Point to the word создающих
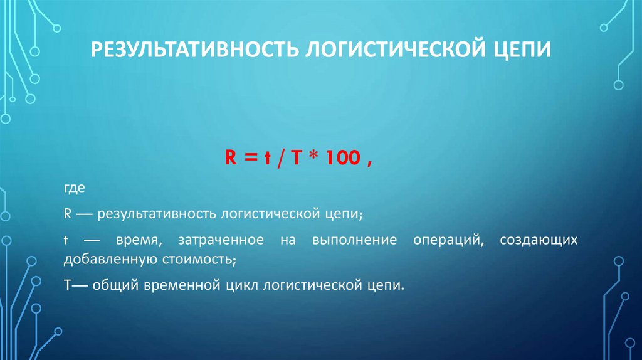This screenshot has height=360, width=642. point(539,241)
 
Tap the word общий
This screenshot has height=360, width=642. point(113,285)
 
